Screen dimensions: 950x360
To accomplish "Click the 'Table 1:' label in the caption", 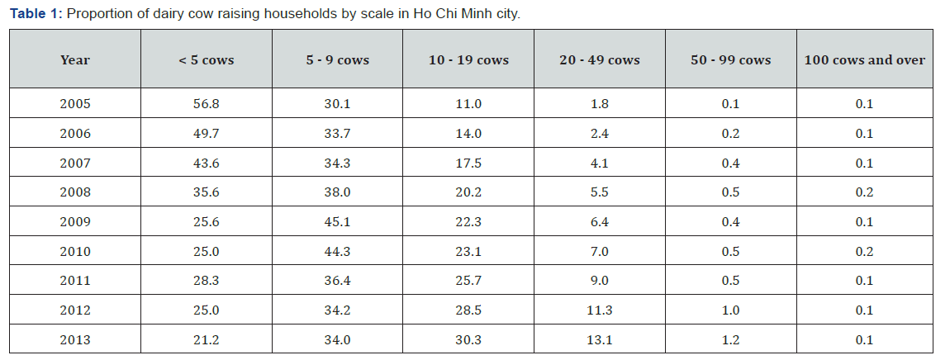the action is point(36,13).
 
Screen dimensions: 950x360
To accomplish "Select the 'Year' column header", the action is point(75,60).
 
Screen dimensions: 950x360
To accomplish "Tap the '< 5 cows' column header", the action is point(206,60).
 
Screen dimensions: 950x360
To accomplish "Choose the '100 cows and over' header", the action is point(865,60).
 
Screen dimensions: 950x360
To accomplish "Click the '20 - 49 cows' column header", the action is point(600,60).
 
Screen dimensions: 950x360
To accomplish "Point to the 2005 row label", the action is point(75,104).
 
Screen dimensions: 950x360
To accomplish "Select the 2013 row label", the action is point(75,340).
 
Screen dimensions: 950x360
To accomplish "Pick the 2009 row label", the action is point(75,222).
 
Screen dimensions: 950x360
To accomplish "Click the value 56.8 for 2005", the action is point(206,104).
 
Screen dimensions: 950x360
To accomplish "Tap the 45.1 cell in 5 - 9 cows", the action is point(338,222).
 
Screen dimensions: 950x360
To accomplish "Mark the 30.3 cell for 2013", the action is point(468,340).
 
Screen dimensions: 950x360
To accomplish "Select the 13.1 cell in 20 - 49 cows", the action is point(600,340).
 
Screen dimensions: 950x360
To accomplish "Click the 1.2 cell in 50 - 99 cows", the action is point(731,340).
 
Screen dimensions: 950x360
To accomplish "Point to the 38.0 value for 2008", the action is point(338,192).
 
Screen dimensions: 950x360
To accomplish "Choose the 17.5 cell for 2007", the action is point(468,163).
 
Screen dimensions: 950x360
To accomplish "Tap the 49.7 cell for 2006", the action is point(206,133).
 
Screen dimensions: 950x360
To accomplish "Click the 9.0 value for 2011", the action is point(600,281).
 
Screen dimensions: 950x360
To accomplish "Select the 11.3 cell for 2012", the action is point(600,310).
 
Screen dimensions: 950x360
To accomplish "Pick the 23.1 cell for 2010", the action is point(468,252).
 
